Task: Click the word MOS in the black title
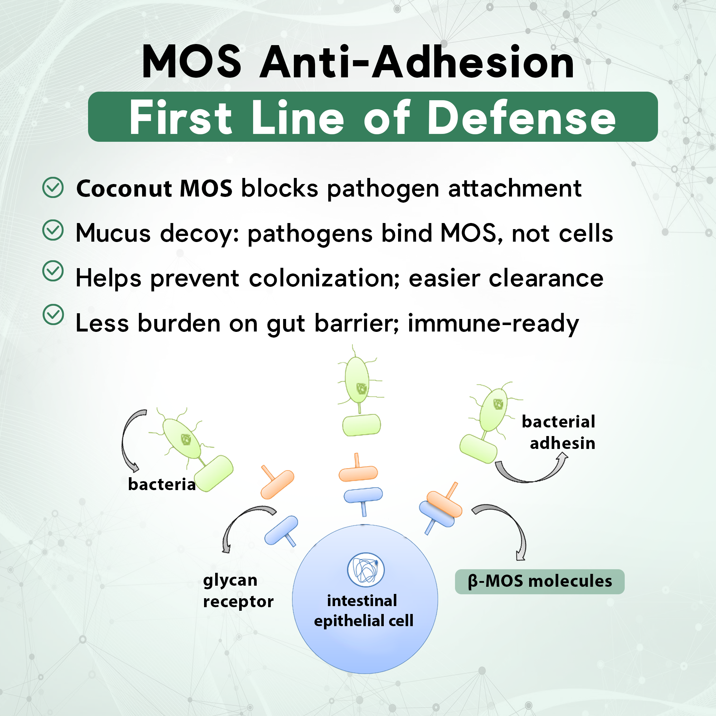pos(192,62)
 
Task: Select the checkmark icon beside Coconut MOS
pos(53,188)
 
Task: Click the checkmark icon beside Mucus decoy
pos(53,230)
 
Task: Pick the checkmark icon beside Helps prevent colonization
pos(53,271)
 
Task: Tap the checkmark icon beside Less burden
pos(53,315)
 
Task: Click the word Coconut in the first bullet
pos(124,189)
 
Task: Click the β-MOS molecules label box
pos(540,581)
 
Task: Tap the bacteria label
pos(161,484)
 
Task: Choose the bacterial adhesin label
pos(559,432)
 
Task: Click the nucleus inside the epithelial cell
pos(366,570)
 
